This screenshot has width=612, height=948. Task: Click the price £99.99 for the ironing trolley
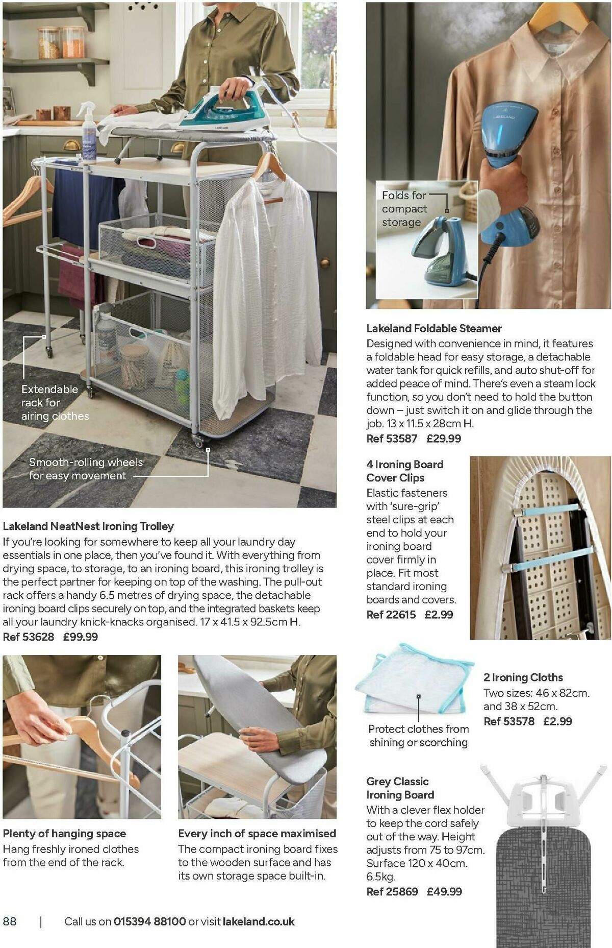click(x=81, y=637)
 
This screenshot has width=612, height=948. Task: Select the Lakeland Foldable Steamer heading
click(x=434, y=328)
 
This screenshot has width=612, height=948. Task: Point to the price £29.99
click(x=444, y=439)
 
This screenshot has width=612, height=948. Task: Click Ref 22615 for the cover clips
click(x=391, y=615)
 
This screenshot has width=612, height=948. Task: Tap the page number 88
click(x=10, y=921)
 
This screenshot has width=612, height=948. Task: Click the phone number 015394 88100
click(x=149, y=921)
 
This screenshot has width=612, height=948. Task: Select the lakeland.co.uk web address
click(x=259, y=921)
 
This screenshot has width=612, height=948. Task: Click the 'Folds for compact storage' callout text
click(x=404, y=209)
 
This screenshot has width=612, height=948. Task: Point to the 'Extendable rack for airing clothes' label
click(x=55, y=403)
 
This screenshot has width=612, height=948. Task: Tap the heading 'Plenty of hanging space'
click(x=64, y=834)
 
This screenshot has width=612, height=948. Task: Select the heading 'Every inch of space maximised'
click(x=257, y=834)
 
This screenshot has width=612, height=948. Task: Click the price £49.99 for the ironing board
click(x=444, y=892)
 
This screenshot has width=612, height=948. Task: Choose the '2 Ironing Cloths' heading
click(x=523, y=677)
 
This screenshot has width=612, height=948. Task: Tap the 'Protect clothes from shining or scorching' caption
click(x=418, y=736)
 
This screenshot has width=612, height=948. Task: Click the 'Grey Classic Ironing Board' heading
click(x=400, y=788)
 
